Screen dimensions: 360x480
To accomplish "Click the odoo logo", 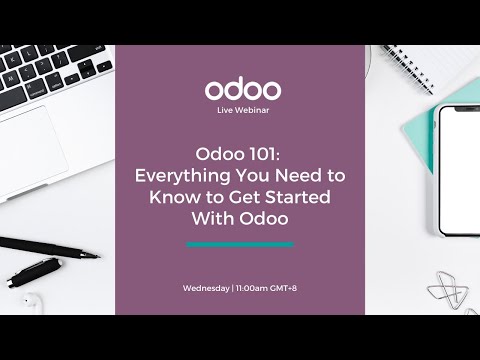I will [243, 88].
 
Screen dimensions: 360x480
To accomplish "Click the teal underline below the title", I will [240, 243].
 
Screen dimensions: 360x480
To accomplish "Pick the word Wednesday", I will [205, 288].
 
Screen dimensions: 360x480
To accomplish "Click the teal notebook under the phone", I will [421, 150].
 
